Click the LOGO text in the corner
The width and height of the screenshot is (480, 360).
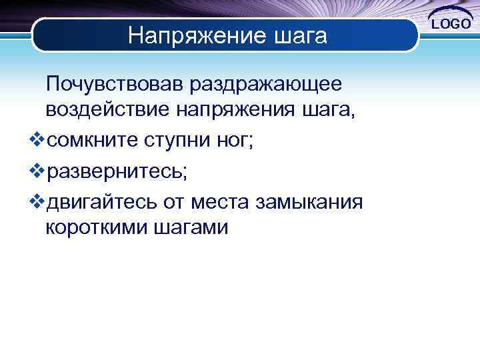tap(453, 24)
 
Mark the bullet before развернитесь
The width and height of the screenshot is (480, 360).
tap(37, 171)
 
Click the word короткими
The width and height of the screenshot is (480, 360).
tap(97, 227)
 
